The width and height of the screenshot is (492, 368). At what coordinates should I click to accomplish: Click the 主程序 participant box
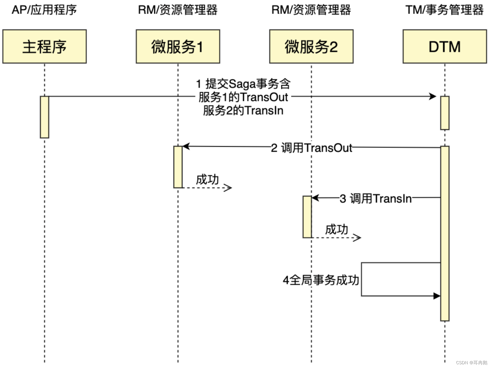[44, 47]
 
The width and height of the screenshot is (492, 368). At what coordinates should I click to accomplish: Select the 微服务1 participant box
[178, 47]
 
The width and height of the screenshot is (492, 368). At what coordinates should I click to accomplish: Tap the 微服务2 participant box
[311, 47]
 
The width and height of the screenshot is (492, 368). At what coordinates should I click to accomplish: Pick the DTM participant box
[445, 47]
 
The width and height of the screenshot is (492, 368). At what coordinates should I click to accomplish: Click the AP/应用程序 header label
[44, 10]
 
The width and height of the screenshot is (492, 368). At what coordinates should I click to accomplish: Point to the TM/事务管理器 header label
[444, 10]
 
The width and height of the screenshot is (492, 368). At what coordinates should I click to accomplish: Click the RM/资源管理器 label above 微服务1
[178, 10]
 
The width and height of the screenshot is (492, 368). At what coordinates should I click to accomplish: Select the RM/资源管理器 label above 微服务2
[311, 10]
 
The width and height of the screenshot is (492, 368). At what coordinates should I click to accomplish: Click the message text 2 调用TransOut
[311, 148]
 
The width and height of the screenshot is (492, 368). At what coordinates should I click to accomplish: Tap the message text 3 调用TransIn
[376, 198]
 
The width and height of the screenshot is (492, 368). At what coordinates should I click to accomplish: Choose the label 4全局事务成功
[321, 280]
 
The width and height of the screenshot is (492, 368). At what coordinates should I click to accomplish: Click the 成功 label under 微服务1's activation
[207, 179]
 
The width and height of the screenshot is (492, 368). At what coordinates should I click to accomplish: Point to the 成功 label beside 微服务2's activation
[336, 229]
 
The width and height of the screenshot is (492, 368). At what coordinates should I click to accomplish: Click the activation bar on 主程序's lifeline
[45, 117]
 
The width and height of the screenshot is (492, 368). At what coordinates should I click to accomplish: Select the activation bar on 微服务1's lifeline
[178, 167]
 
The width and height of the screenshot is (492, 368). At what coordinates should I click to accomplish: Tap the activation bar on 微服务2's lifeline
[307, 217]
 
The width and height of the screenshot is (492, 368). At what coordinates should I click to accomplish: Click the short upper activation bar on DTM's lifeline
[445, 113]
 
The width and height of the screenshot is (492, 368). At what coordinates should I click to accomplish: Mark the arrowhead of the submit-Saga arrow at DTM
[433, 96]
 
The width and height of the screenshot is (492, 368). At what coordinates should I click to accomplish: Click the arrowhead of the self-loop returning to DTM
[437, 296]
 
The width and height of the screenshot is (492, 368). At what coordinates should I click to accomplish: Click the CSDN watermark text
[471, 363]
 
